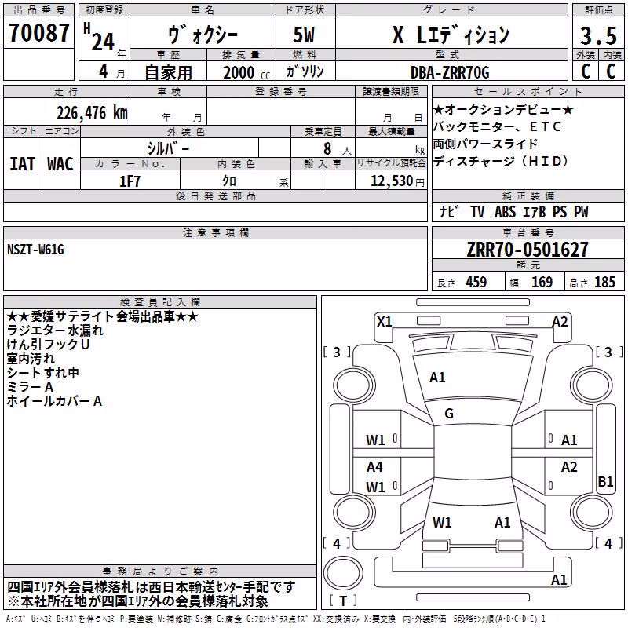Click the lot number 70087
38,32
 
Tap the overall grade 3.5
598,35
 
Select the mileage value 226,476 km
92,113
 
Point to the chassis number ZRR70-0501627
528,249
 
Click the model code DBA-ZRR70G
450,72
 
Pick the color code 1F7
130,181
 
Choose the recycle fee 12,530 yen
397,181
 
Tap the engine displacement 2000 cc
246,72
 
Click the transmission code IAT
22,164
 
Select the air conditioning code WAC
60,164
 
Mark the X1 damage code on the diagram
384,321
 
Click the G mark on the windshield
449,414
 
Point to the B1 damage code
605,481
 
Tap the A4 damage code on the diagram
374,466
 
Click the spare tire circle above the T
343,573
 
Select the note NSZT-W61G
35,250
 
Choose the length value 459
476,282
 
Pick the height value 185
604,282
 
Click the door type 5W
304,35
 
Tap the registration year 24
103,42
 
